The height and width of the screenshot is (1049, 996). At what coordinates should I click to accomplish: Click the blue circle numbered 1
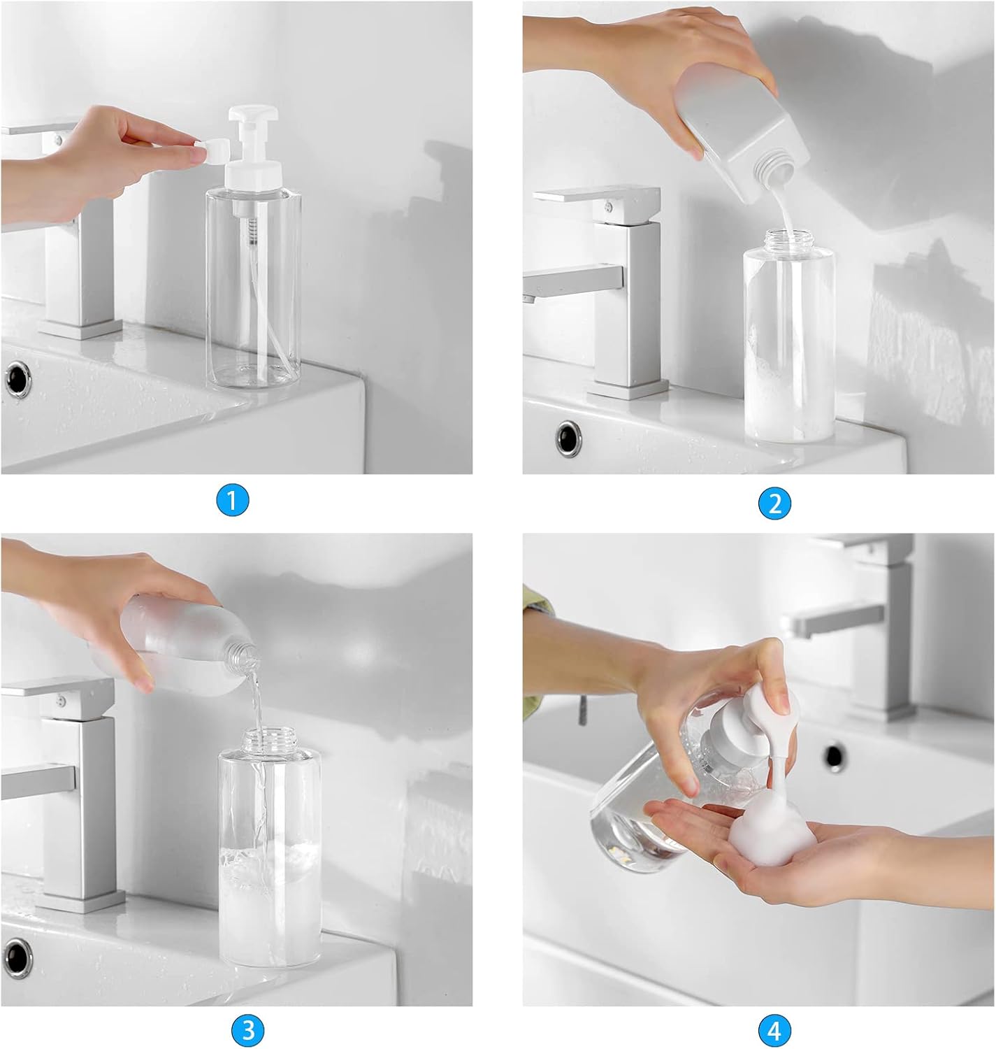233,501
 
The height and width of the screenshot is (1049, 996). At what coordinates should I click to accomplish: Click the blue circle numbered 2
774,503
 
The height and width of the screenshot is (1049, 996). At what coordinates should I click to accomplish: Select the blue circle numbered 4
774,1029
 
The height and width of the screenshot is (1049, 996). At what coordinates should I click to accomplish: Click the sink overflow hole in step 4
834,757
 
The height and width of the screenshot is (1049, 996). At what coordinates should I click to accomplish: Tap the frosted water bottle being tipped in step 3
175,643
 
